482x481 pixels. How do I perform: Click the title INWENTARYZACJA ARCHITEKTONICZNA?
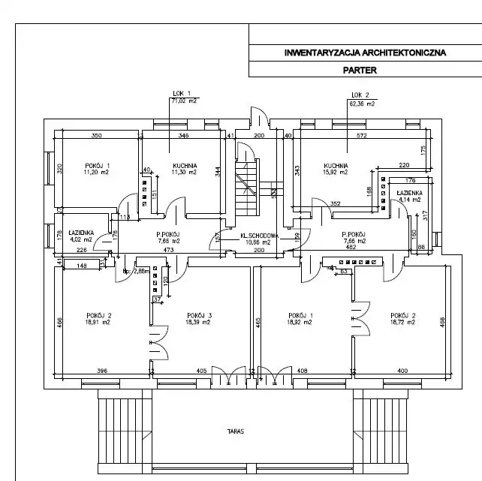(365, 53)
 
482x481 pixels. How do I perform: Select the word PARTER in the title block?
(362, 70)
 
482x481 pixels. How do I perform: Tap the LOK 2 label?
(360, 95)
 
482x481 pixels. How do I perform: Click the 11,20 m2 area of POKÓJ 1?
(98, 172)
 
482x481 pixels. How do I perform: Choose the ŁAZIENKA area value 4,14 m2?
(409, 200)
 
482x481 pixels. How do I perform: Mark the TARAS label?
(237, 432)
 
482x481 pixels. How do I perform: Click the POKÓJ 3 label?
(199, 314)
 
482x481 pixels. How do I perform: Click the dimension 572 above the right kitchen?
(361, 136)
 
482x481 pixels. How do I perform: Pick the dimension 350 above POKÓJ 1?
(96, 136)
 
